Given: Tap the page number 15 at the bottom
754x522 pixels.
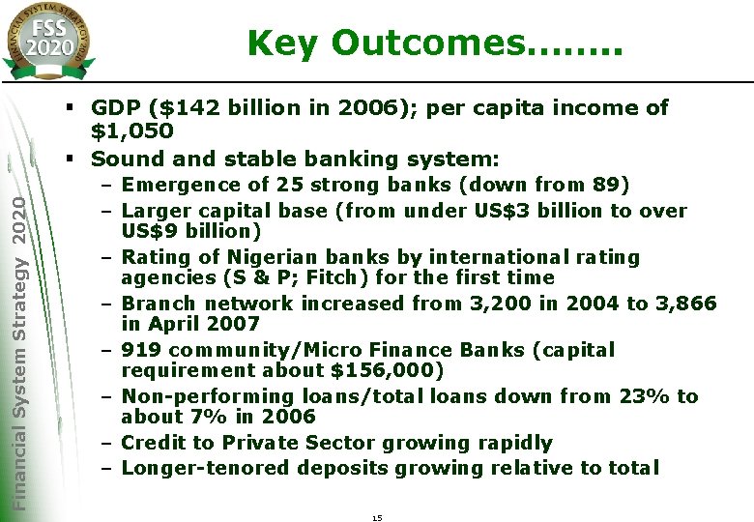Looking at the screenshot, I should click(377, 518).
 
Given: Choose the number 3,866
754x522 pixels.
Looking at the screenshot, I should click(685, 304).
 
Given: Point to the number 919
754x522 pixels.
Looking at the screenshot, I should click(142, 350).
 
